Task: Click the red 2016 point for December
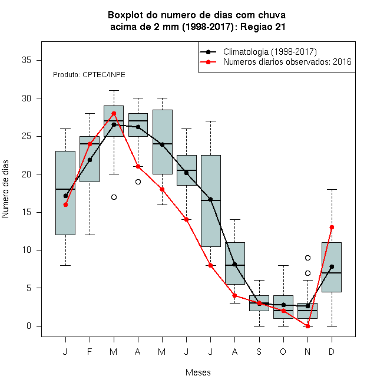coord(332,228)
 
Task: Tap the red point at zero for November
coord(308,326)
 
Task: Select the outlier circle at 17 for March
coord(114,197)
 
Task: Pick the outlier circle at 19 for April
coord(138,182)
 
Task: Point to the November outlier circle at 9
coord(308,258)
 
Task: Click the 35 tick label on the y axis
coord(27,60)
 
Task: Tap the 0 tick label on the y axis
coord(29,326)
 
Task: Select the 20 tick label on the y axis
coord(27,174)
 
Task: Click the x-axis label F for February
coord(90,351)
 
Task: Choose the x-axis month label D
coord(332,351)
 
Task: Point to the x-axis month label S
coord(259,351)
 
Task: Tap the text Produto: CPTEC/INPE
coord(89,75)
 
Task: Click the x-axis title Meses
coord(198,372)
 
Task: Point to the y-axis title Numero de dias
coord(5,189)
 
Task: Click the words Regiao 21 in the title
coord(263,27)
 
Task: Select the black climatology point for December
coord(332,266)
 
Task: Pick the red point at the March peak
coord(114,113)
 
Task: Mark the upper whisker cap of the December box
coord(332,189)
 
